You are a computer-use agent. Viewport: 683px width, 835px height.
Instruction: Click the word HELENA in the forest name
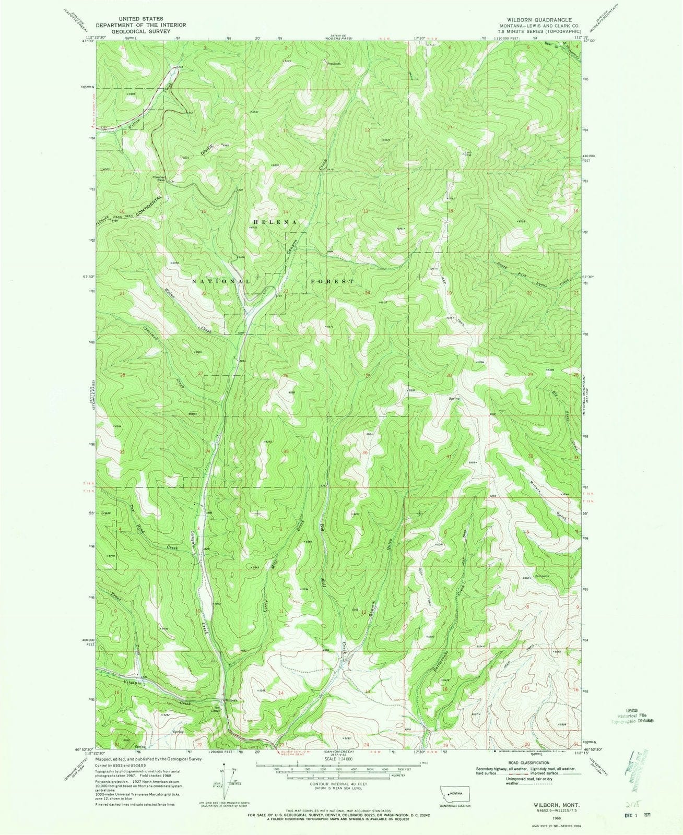pos(274,222)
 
